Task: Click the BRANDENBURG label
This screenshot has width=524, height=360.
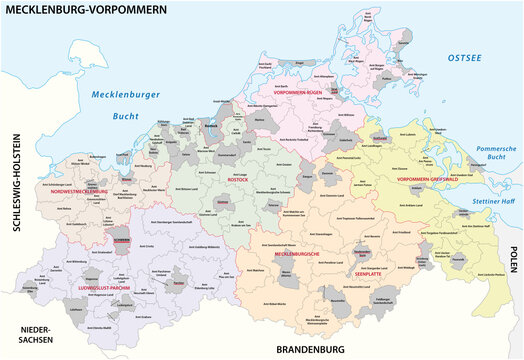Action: pyautogui.click(x=310, y=349)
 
